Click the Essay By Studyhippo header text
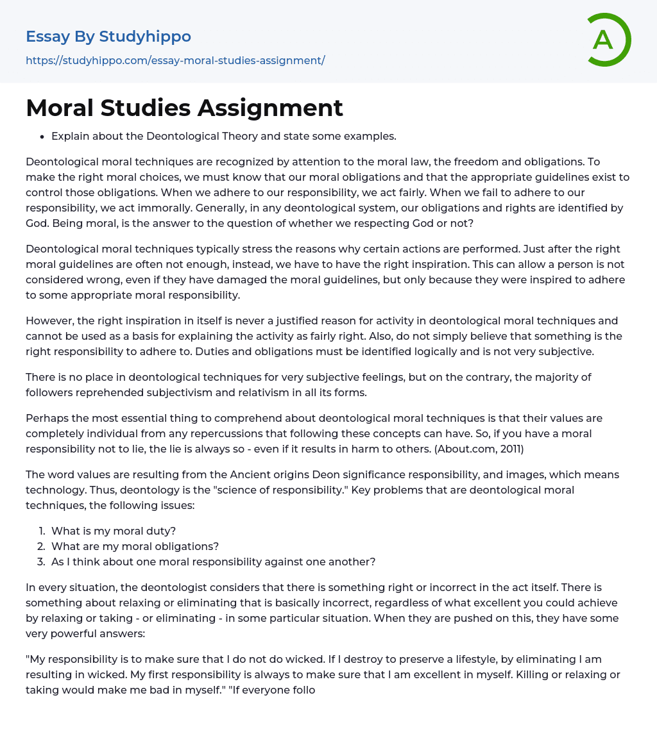click(108, 37)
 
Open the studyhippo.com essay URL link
click(175, 60)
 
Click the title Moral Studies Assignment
click(185, 108)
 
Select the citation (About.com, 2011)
click(479, 449)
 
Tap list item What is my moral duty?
click(114, 531)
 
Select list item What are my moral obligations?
click(135, 546)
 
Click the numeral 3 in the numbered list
click(41, 562)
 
